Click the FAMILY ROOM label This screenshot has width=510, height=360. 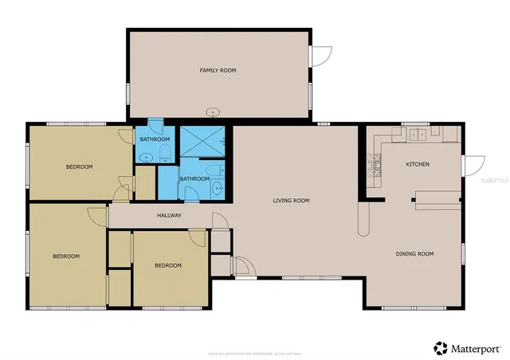(x=218, y=71)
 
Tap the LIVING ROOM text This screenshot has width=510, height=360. (x=291, y=201)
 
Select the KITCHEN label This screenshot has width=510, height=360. (x=418, y=165)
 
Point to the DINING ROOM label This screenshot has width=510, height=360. (x=414, y=254)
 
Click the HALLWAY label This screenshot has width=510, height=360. (x=169, y=215)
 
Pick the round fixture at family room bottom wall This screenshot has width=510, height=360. (x=214, y=112)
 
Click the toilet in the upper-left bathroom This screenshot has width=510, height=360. (x=165, y=151)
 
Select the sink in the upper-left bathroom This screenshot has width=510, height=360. (x=144, y=158)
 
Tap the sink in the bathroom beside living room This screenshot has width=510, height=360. (x=217, y=188)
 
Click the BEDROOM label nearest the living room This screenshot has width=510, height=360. (x=167, y=265)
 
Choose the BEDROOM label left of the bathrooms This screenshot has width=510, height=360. (x=79, y=166)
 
